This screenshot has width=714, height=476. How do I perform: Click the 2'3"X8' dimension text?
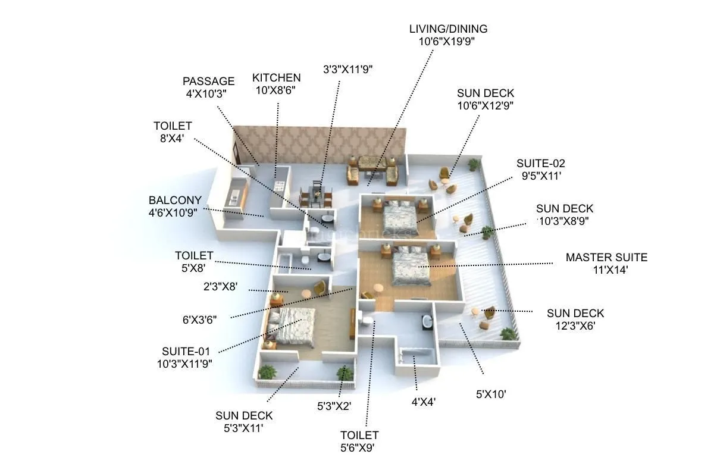(220, 287)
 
